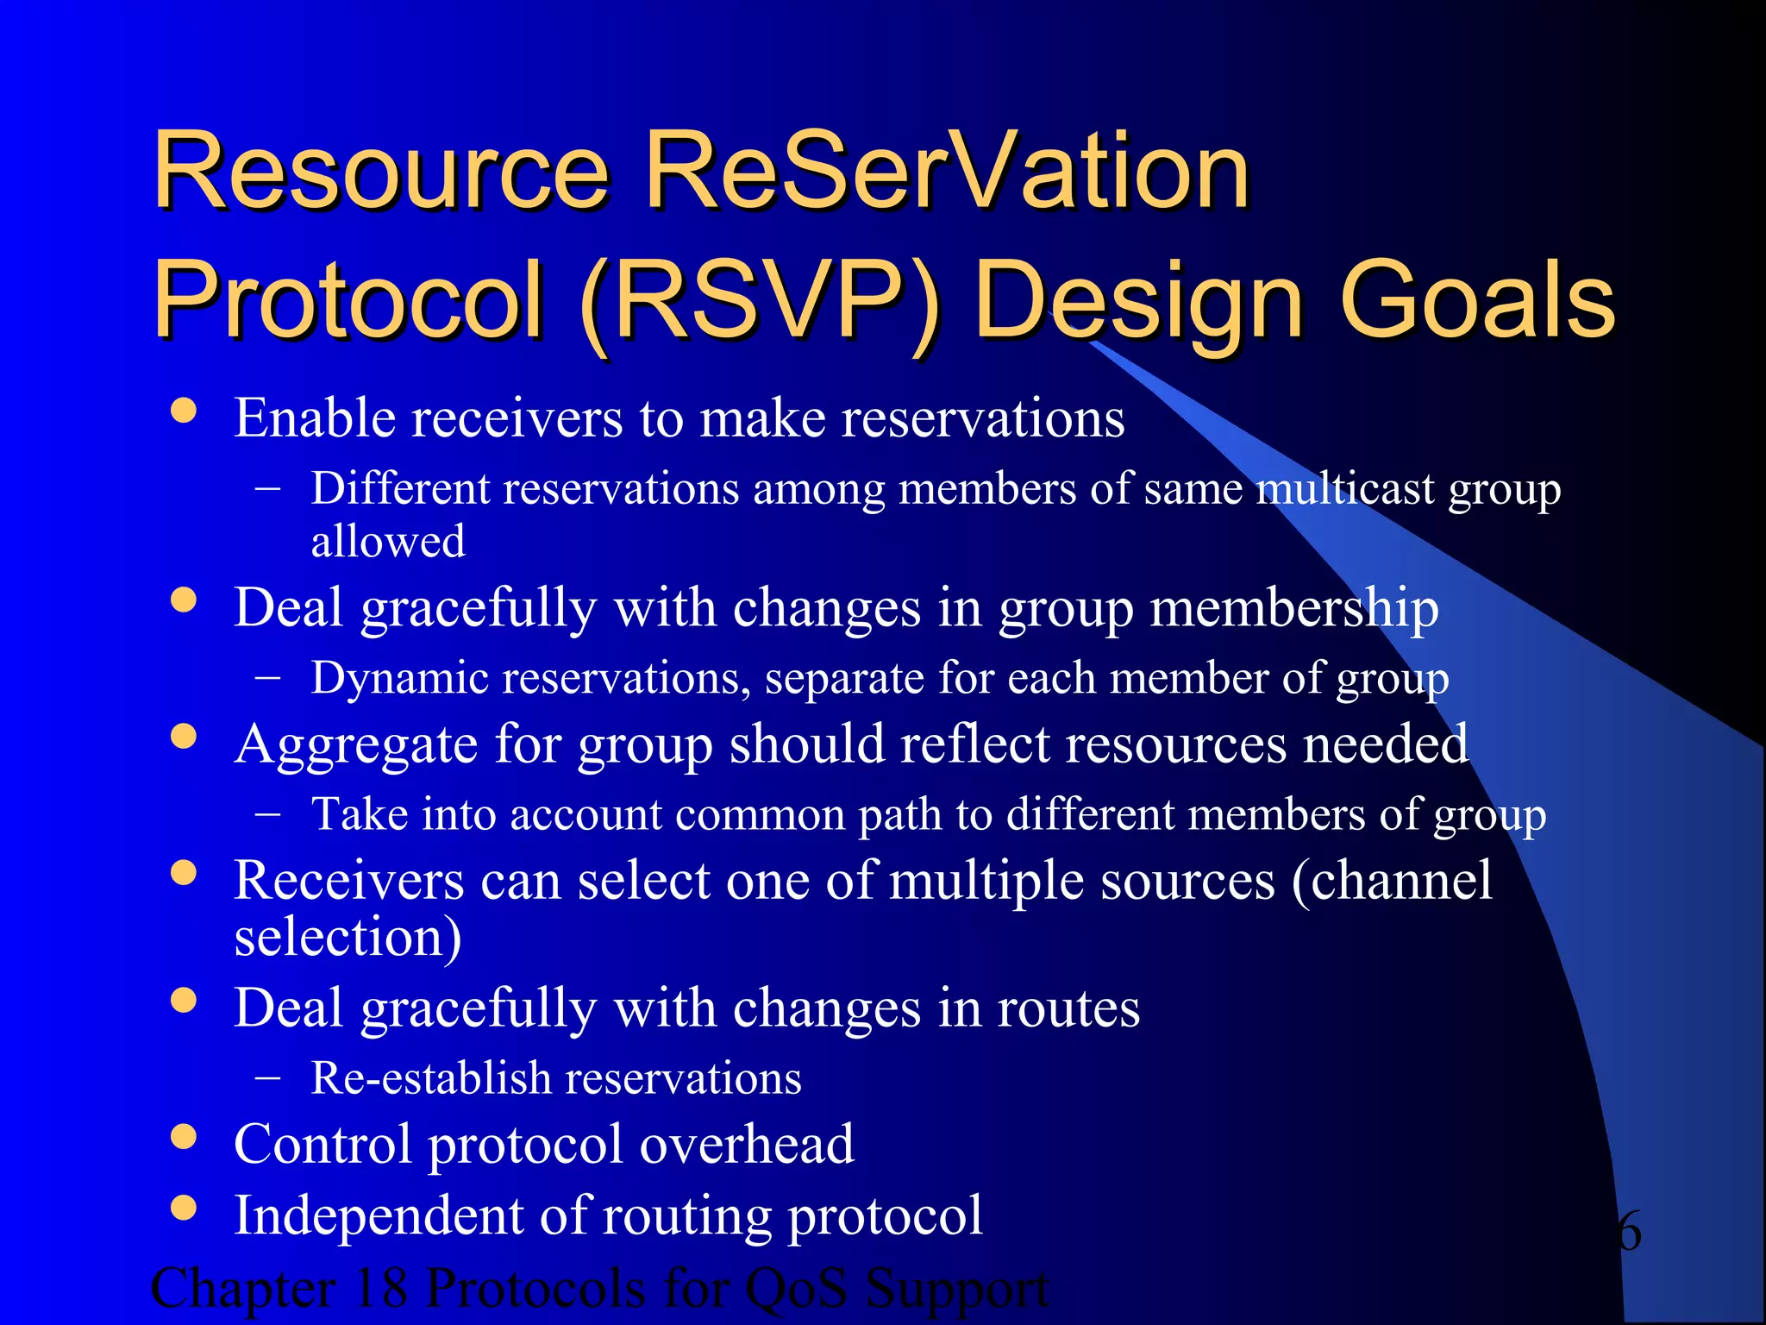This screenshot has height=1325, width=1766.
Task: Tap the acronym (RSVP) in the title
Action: click(x=761, y=302)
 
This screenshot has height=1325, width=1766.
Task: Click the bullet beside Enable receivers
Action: click(x=184, y=410)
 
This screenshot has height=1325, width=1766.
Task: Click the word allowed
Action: click(x=388, y=542)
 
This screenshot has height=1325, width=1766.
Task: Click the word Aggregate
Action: click(x=355, y=744)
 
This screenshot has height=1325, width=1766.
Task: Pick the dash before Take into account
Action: click(x=268, y=814)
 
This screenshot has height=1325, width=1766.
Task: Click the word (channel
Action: click(x=1391, y=882)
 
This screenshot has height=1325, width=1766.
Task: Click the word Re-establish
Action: click(x=431, y=1078)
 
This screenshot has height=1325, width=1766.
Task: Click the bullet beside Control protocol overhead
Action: click(x=184, y=1136)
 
